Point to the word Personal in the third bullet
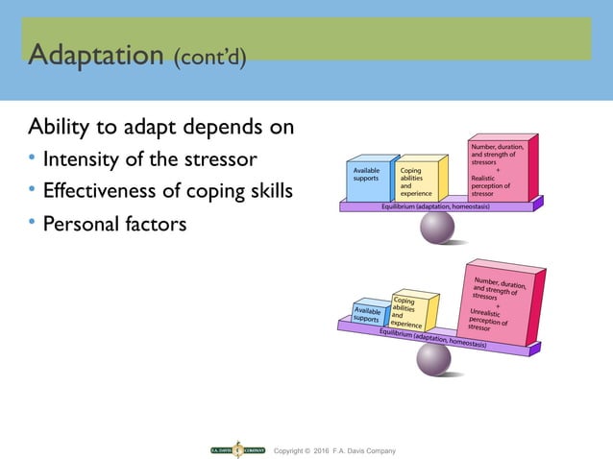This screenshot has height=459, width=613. point(81,227)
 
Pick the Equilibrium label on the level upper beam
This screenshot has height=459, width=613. point(437,205)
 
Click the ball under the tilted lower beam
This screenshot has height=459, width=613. point(433,359)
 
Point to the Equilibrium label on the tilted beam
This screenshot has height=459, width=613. point(431,337)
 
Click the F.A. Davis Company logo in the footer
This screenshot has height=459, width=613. point(237,450)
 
